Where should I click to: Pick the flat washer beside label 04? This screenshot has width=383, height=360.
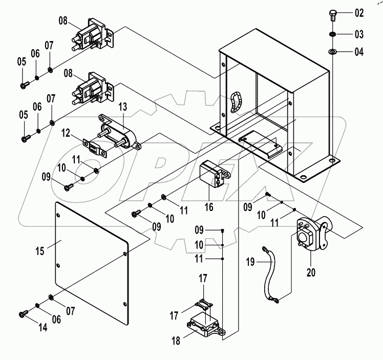pos(332,52)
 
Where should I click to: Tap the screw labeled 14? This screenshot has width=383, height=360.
pos(23,313)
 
